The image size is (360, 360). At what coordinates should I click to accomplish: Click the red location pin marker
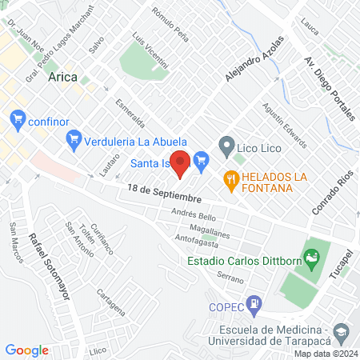[x=181, y=163]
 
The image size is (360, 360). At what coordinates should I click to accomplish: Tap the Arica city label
[x=63, y=77]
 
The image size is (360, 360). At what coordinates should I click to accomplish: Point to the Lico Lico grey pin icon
[x=226, y=146]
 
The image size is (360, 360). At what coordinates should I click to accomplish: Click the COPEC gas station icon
[x=254, y=303]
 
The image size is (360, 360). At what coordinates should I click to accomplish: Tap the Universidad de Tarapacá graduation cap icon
[x=341, y=332]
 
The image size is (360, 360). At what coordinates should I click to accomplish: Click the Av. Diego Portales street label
[x=330, y=87]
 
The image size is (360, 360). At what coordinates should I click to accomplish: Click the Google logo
[x=26, y=350]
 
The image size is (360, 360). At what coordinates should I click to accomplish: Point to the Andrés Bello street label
[x=194, y=216]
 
